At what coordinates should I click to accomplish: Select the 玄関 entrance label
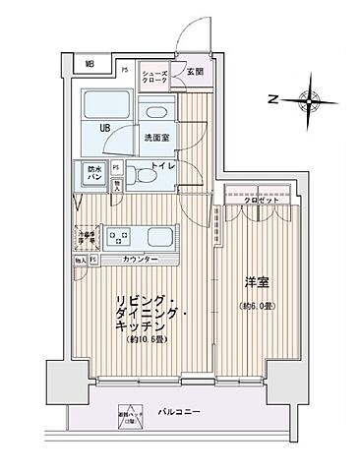(195, 71)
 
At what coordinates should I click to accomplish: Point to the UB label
(102, 128)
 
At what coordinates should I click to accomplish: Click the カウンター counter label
(143, 259)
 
